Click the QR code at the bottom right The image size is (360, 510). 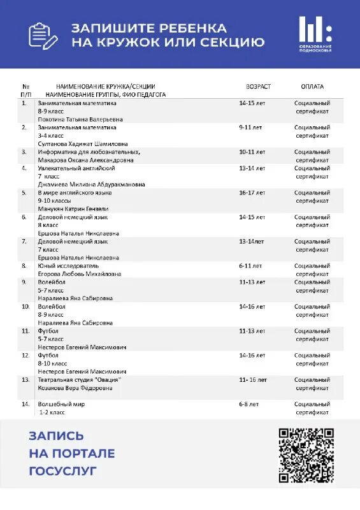[x=307, y=455]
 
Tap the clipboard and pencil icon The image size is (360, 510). [x=43, y=35]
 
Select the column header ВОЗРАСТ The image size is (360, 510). [x=258, y=87]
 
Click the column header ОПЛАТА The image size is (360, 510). [x=312, y=87]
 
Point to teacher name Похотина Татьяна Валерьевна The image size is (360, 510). [x=80, y=119]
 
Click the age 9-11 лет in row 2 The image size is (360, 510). [x=250, y=127]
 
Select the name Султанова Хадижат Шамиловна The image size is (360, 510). [x=83, y=143]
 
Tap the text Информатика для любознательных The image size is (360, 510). [x=89, y=152]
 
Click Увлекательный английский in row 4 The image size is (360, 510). [x=76, y=168]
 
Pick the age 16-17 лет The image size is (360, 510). [x=252, y=193]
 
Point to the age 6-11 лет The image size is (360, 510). [x=250, y=265]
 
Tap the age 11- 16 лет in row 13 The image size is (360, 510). [x=253, y=379]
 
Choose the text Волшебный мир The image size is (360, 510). [x=61, y=404]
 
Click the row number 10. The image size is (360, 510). [x=25, y=307]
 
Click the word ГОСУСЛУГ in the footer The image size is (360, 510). [x=62, y=471]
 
